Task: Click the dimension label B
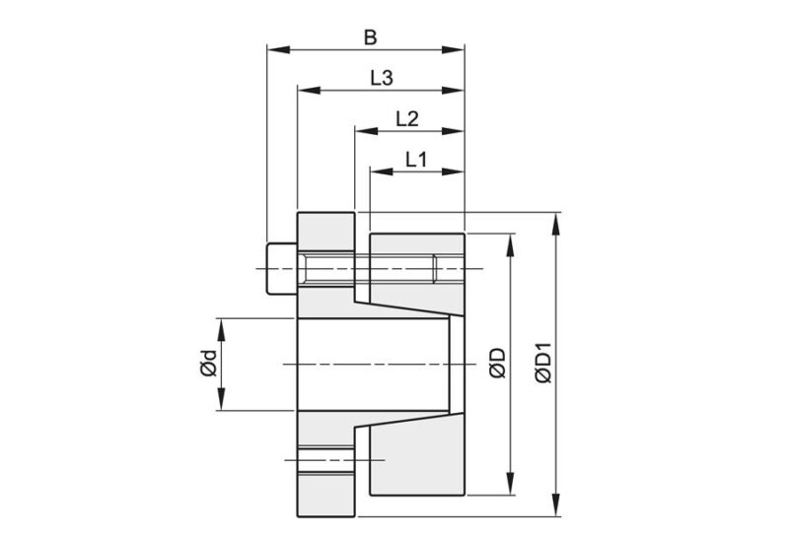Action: point(370,38)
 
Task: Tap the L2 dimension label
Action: point(407,118)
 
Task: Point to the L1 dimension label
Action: point(415,158)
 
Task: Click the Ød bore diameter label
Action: point(206,364)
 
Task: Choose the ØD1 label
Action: point(541,364)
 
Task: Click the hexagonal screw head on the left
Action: point(280,269)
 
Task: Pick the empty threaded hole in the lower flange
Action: point(324,458)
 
